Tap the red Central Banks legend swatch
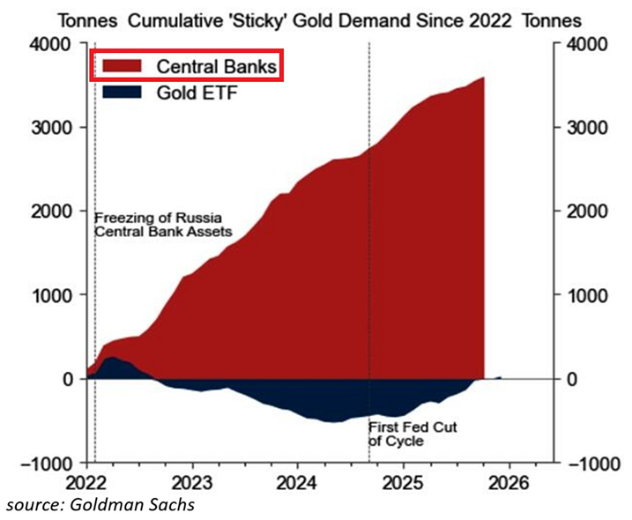click(x=122, y=65)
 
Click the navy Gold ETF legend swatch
click(x=122, y=91)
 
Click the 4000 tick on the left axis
click(x=56, y=44)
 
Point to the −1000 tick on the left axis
click(x=49, y=463)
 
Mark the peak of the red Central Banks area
click(x=483, y=78)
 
